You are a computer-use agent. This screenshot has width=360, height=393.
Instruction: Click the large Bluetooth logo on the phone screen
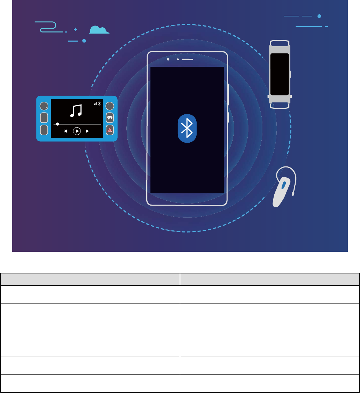pyautogui.click(x=187, y=128)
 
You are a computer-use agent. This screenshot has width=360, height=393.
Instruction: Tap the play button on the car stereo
pyautogui.click(x=77, y=131)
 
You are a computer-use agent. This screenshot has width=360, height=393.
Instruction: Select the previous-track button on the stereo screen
pyautogui.click(x=65, y=131)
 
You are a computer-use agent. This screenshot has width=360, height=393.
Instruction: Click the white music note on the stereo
pyautogui.click(x=76, y=111)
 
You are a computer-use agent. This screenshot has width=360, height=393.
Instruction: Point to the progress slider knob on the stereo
pyautogui.click(x=57, y=124)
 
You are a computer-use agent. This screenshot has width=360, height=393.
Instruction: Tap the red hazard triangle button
pyautogui.click(x=110, y=130)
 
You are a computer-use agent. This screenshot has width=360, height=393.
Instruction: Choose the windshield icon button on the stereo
pyautogui.click(x=110, y=117)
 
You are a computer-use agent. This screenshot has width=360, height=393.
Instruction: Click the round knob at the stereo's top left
pyautogui.click(x=44, y=106)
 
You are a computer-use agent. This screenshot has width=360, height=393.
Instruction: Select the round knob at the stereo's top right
pyautogui.click(x=110, y=106)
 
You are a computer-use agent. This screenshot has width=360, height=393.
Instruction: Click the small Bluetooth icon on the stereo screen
pyautogui.click(x=99, y=103)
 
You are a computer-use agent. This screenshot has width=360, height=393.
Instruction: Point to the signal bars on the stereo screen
pyautogui.click(x=95, y=104)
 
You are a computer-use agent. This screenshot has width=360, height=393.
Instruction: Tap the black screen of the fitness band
pyautogui.click(x=280, y=74)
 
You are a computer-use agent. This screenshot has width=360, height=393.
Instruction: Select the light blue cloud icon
pyautogui.click(x=99, y=30)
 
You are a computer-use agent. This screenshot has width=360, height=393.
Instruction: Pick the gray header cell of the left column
pyautogui.click(x=90, y=279)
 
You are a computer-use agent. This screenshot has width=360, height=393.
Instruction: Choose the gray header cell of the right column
pyautogui.click(x=269, y=279)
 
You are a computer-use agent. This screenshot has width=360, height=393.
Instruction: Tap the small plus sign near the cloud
pyautogui.click(x=75, y=30)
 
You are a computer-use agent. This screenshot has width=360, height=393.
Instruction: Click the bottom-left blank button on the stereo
pyautogui.click(x=44, y=130)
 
